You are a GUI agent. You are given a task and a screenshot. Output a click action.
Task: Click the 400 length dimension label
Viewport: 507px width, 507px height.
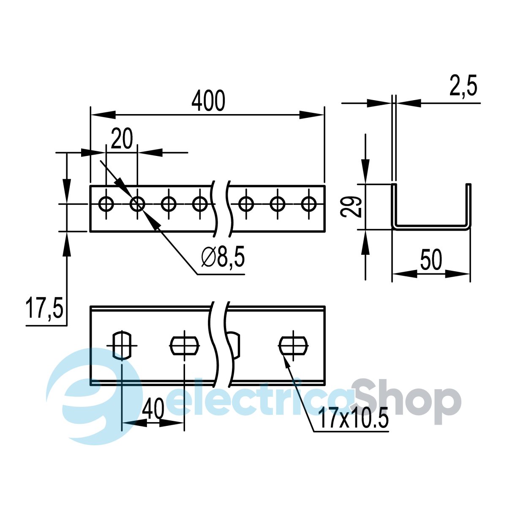[208, 101]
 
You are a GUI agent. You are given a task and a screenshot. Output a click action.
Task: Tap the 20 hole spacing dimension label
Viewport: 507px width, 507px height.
[122, 139]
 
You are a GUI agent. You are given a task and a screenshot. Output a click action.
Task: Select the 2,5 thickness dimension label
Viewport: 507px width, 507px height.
[463, 85]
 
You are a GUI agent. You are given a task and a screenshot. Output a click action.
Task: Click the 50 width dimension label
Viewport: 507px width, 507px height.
[431, 260]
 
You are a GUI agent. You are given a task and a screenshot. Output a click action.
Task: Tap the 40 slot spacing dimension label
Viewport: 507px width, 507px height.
[153, 409]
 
